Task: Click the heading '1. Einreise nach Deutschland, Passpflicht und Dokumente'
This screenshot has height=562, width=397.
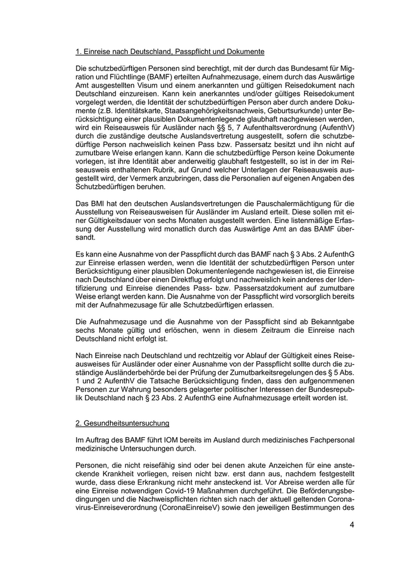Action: pyautogui.click(x=170, y=52)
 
